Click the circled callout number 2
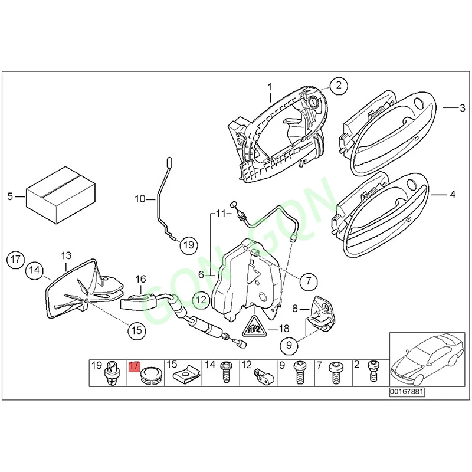[x=339, y=87]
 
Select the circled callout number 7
[x=307, y=281]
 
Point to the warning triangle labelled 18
[x=253, y=326]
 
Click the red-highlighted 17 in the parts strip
[x=133, y=366]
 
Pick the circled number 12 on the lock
[x=201, y=300]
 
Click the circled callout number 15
[x=137, y=330]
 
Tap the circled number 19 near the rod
[x=188, y=244]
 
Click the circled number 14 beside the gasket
[x=34, y=271]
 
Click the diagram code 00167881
[x=407, y=391]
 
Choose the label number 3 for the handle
[x=463, y=107]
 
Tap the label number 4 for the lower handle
[x=452, y=193]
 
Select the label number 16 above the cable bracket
[x=140, y=278]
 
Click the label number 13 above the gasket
[x=66, y=255]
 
